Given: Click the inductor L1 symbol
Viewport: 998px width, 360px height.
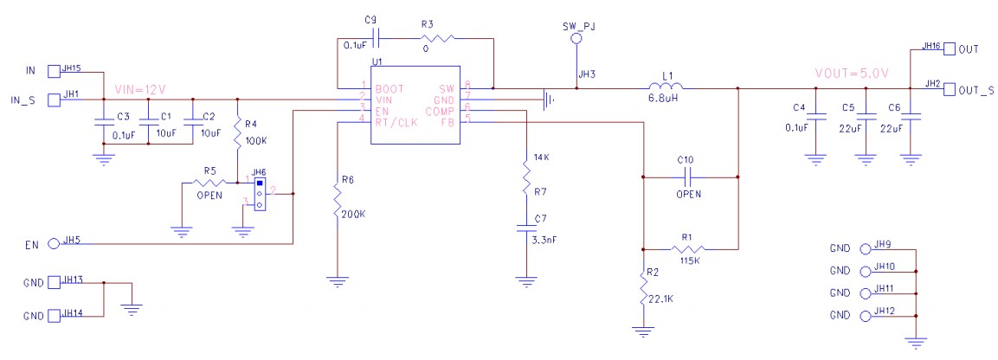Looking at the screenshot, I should [x=665, y=87].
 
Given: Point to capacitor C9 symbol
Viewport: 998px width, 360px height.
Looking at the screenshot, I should [x=374, y=38].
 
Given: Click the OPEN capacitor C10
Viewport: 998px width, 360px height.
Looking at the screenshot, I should [x=689, y=177].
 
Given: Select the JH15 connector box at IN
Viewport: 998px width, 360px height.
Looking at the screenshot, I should [x=54, y=70].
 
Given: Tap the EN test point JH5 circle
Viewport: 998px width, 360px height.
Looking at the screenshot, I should [x=54, y=244].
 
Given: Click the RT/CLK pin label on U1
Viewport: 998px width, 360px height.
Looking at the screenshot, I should [x=394, y=120].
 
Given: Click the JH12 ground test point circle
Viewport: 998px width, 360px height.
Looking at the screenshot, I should [x=866, y=318].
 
